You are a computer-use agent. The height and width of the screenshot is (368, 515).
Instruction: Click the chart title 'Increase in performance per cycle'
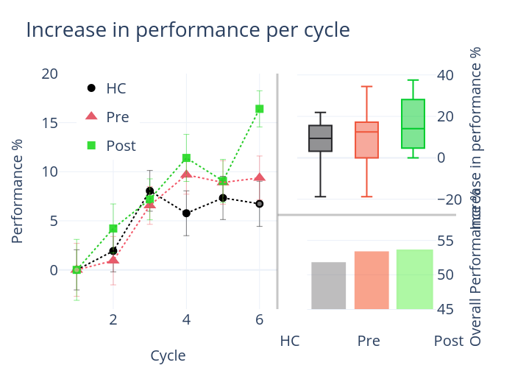(x=188, y=30)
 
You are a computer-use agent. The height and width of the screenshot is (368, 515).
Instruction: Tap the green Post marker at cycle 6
(x=260, y=109)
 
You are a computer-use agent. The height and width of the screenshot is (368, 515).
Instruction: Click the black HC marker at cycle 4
(x=187, y=213)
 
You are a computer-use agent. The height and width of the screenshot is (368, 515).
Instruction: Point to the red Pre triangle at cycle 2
(x=113, y=259)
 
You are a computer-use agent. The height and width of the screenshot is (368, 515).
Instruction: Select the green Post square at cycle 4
(x=187, y=158)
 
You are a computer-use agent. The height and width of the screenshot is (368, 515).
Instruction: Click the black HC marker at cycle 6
(x=260, y=204)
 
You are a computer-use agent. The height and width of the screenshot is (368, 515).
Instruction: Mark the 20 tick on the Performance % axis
(x=50, y=74)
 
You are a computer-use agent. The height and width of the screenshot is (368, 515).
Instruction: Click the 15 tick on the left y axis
(x=50, y=123)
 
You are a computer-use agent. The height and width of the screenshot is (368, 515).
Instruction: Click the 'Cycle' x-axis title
(x=168, y=356)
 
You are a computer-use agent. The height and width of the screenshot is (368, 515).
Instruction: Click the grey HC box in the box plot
(x=321, y=138)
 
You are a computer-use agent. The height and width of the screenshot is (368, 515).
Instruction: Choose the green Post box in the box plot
(x=413, y=124)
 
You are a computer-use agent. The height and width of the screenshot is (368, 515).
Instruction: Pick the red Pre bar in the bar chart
(x=372, y=280)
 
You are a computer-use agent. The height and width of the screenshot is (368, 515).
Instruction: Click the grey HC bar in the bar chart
(x=328, y=286)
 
